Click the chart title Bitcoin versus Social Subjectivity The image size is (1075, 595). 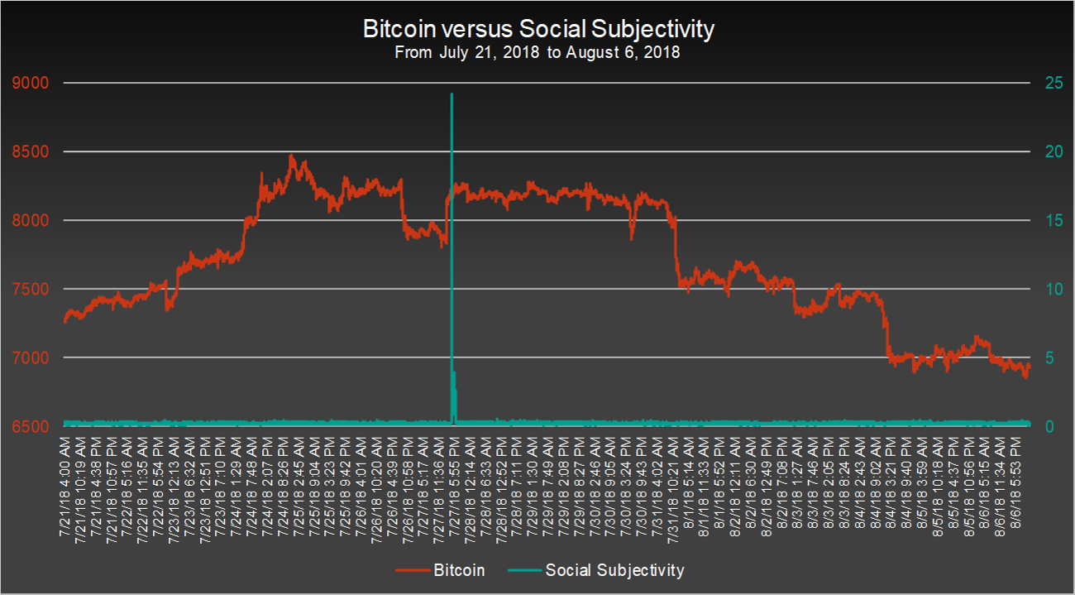(537, 30)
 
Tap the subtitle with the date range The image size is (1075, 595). (537, 53)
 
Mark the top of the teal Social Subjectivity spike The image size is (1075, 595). (451, 94)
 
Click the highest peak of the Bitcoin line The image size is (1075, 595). (291, 156)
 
